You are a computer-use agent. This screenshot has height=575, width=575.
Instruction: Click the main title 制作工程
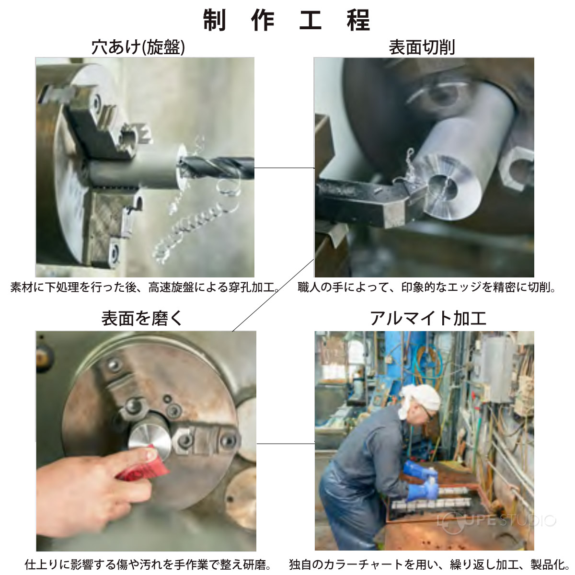(287, 20)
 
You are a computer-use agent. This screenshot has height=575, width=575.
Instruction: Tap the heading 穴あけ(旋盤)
(138, 47)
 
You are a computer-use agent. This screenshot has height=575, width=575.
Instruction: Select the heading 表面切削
(422, 47)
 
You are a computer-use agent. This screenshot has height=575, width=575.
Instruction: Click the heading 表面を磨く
(142, 318)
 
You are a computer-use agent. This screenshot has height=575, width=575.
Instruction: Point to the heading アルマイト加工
(428, 318)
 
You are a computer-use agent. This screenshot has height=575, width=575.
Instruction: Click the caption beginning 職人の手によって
(426, 287)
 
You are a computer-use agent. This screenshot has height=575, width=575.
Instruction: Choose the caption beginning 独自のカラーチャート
(429, 564)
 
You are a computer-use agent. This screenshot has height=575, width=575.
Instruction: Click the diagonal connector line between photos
(273, 295)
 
